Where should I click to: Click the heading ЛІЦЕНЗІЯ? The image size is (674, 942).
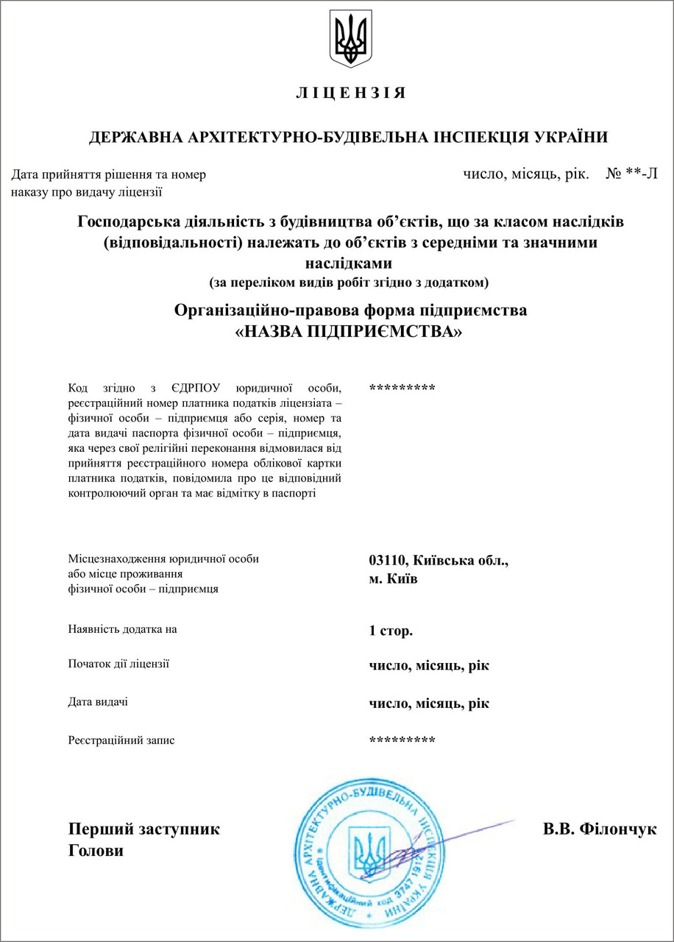coord(350,93)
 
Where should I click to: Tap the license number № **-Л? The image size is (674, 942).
coord(631,175)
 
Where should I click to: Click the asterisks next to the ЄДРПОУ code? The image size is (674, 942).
coord(402,388)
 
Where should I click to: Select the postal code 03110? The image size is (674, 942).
coord(389,561)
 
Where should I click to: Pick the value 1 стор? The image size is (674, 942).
coord(391,631)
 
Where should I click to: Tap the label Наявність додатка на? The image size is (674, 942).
coord(122,629)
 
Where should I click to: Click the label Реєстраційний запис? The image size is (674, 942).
coord(121,740)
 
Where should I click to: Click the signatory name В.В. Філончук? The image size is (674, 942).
coord(600,829)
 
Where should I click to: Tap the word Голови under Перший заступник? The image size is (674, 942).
coord(96,851)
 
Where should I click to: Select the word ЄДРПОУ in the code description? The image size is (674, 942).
coord(193,388)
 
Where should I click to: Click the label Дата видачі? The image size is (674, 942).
coord(98,702)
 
